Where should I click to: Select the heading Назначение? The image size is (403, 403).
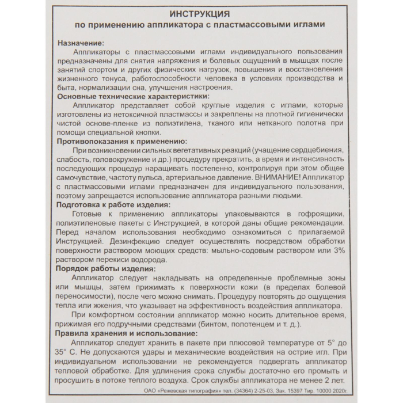[81, 43]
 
